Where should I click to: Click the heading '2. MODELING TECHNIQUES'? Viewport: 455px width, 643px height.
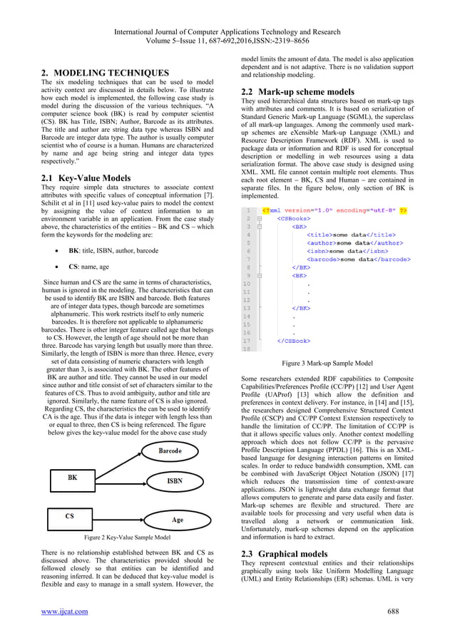(106, 73)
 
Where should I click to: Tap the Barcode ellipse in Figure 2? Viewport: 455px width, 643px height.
(169, 451)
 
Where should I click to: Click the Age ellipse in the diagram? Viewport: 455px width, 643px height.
(176, 520)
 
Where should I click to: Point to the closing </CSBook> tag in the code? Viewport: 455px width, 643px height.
(293, 341)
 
